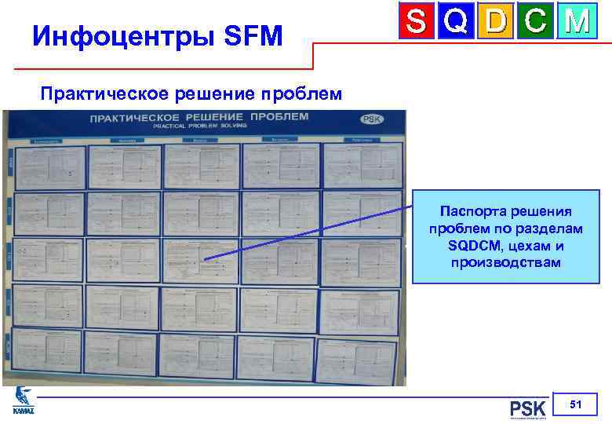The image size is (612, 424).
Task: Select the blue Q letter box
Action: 457,21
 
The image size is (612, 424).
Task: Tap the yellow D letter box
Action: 496,21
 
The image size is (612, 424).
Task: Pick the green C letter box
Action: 536,21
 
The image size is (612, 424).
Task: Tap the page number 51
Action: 575,404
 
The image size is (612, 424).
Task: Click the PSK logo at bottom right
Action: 527,410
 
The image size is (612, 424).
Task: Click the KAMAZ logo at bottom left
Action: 20,402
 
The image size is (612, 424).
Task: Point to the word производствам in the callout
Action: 505,262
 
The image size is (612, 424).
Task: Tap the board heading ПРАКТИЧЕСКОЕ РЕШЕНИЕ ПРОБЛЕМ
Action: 199,117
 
